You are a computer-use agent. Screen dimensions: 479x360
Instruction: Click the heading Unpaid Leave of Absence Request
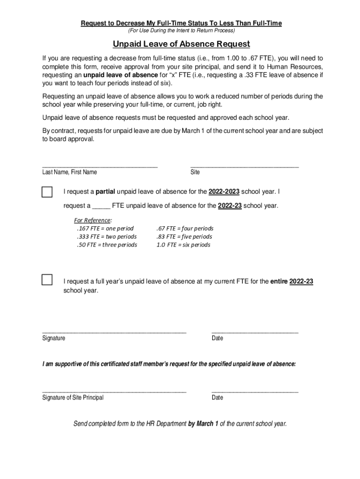click(181, 44)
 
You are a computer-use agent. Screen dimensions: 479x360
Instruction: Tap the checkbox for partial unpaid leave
click(47, 192)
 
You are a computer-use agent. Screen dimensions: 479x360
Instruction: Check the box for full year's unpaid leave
click(47, 280)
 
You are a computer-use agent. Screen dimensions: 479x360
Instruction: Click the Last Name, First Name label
click(70, 172)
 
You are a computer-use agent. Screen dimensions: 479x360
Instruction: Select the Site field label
click(195, 172)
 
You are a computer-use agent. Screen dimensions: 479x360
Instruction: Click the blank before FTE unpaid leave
click(101, 205)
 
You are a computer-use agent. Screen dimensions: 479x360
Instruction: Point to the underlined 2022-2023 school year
click(224, 192)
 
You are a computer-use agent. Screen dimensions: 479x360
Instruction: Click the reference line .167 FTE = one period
click(105, 228)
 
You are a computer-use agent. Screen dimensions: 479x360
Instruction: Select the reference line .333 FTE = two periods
click(107, 237)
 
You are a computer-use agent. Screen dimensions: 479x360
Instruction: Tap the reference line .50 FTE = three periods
click(107, 245)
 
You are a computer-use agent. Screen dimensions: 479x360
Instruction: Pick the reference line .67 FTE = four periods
click(184, 228)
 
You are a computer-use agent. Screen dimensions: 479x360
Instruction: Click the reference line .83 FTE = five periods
click(184, 237)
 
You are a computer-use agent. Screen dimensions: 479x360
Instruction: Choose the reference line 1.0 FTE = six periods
click(183, 245)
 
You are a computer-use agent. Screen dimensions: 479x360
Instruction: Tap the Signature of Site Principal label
click(73, 398)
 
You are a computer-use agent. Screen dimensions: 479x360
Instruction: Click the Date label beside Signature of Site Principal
click(217, 398)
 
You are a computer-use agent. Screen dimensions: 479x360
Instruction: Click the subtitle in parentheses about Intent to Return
click(181, 31)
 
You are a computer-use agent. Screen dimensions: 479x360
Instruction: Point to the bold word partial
click(106, 192)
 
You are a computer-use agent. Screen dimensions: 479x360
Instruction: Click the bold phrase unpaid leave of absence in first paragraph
click(121, 75)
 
